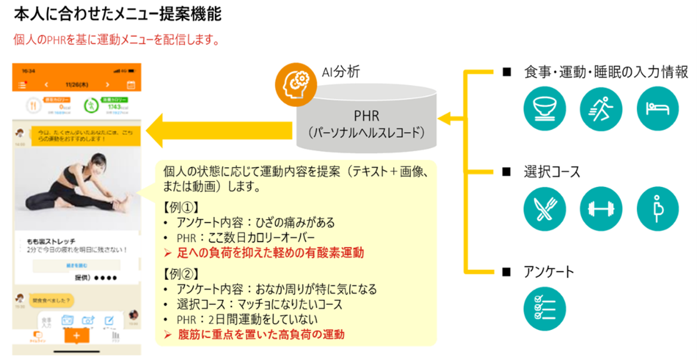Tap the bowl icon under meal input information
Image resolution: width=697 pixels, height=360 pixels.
coord(544,109)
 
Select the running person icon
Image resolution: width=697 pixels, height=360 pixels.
coord(601,109)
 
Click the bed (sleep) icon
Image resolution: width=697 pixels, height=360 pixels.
coord(657,109)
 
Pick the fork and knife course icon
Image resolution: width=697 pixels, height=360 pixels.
coord(544,209)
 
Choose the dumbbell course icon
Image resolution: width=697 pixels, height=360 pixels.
coord(601,209)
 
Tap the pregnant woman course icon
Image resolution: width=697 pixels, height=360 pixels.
coord(657,209)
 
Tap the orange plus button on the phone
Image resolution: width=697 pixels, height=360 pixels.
coord(76,336)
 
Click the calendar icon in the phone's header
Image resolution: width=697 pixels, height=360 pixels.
coord(131,85)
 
